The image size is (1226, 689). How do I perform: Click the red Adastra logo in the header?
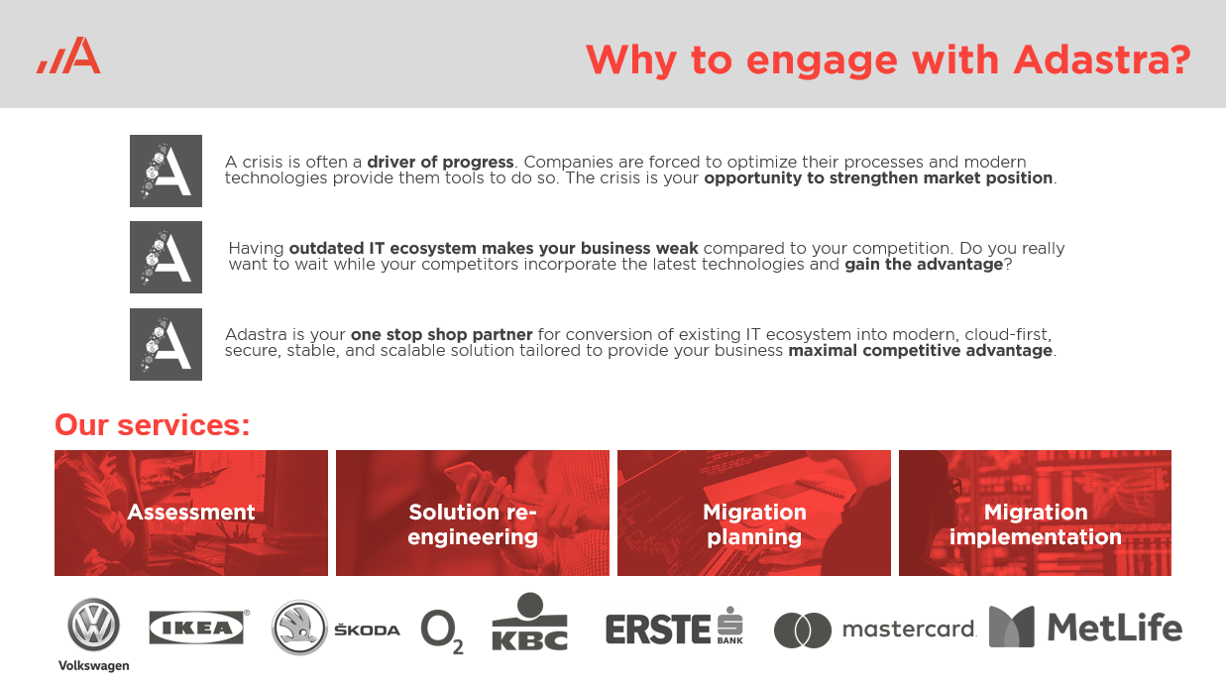(68, 55)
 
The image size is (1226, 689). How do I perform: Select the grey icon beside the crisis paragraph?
(166, 171)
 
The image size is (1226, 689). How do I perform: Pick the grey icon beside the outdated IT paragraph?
(166, 257)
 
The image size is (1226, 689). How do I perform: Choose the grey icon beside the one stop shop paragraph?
(166, 344)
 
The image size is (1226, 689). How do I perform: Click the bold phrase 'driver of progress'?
(441, 162)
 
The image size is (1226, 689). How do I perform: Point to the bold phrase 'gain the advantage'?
(924, 265)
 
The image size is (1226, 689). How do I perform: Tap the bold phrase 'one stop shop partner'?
(442, 334)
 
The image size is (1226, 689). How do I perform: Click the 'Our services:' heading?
(153, 424)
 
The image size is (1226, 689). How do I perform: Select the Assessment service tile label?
(191, 513)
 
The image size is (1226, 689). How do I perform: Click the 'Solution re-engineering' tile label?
(473, 524)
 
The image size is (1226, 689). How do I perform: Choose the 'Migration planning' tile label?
(754, 524)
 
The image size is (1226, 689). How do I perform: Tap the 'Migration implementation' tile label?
(1035, 524)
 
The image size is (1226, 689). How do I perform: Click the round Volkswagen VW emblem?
(93, 625)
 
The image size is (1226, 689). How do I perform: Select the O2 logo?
(442, 631)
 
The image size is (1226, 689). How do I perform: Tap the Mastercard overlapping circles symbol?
(803, 631)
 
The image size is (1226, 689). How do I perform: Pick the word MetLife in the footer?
(1115, 628)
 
